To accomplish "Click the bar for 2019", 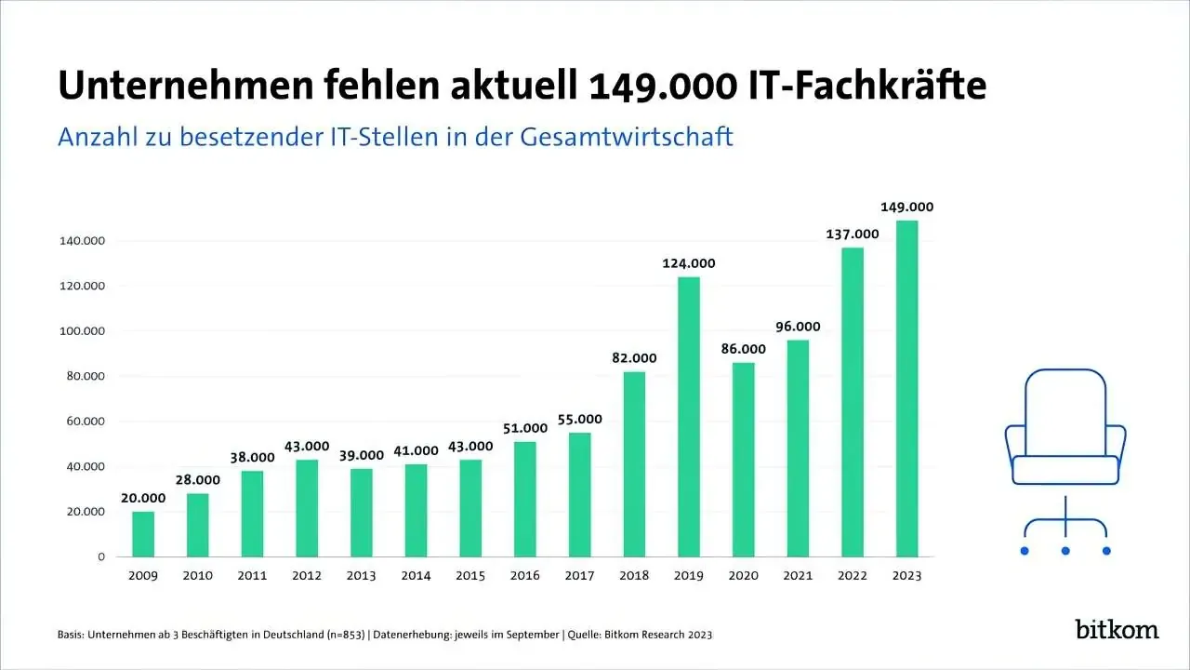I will click(x=688, y=417).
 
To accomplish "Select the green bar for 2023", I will click(x=906, y=388).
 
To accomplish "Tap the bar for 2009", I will click(x=143, y=534).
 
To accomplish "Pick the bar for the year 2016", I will click(x=524, y=499).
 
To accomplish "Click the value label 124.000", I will click(x=688, y=263).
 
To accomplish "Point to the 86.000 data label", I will click(x=743, y=349).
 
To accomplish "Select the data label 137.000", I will click(x=853, y=234).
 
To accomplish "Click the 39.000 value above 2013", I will click(x=361, y=455).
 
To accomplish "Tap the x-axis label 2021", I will click(x=798, y=576).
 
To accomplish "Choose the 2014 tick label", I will click(x=416, y=576).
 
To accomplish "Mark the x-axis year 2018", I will click(x=634, y=576).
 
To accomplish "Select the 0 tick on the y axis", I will click(x=101, y=556).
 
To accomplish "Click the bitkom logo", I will click(x=1117, y=629).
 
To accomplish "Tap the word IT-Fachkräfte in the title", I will click(x=867, y=86).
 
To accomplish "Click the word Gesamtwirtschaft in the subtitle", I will click(x=627, y=137).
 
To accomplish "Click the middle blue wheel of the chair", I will click(x=1065, y=551).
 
